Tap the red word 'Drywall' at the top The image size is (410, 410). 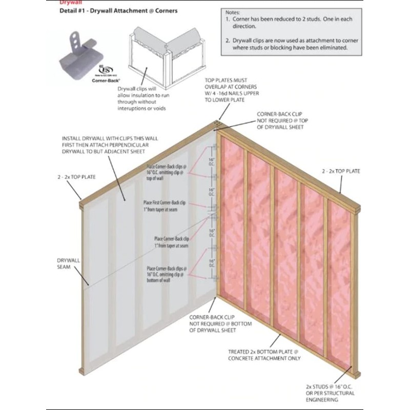[x=69, y=2]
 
